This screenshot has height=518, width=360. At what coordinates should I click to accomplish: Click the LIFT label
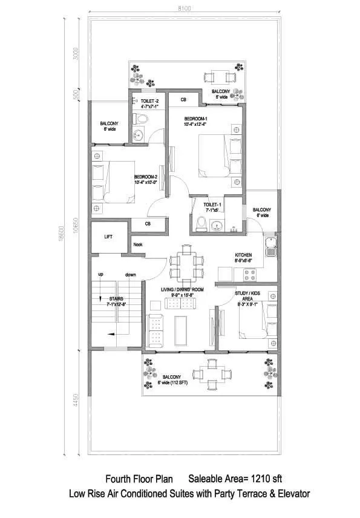click(x=108, y=237)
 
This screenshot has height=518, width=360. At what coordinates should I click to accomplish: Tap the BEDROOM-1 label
click(x=196, y=118)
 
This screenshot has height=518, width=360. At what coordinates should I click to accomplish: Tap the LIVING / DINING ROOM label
click(x=182, y=290)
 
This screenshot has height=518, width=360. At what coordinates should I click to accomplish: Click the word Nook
click(x=138, y=244)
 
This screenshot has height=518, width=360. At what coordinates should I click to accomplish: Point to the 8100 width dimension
click(x=185, y=8)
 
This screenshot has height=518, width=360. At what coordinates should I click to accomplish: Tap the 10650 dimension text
click(x=75, y=227)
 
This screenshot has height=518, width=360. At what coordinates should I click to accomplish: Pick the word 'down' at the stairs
click(x=130, y=274)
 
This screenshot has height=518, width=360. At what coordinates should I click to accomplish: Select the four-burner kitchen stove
click(x=250, y=274)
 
